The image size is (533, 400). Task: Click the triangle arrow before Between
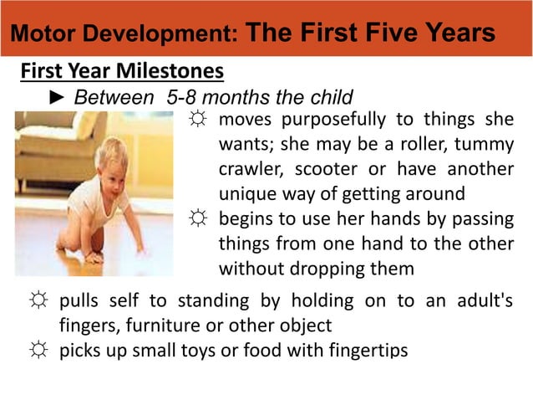pyautogui.click(x=59, y=97)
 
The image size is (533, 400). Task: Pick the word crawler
pyautogui.click(x=249, y=169)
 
